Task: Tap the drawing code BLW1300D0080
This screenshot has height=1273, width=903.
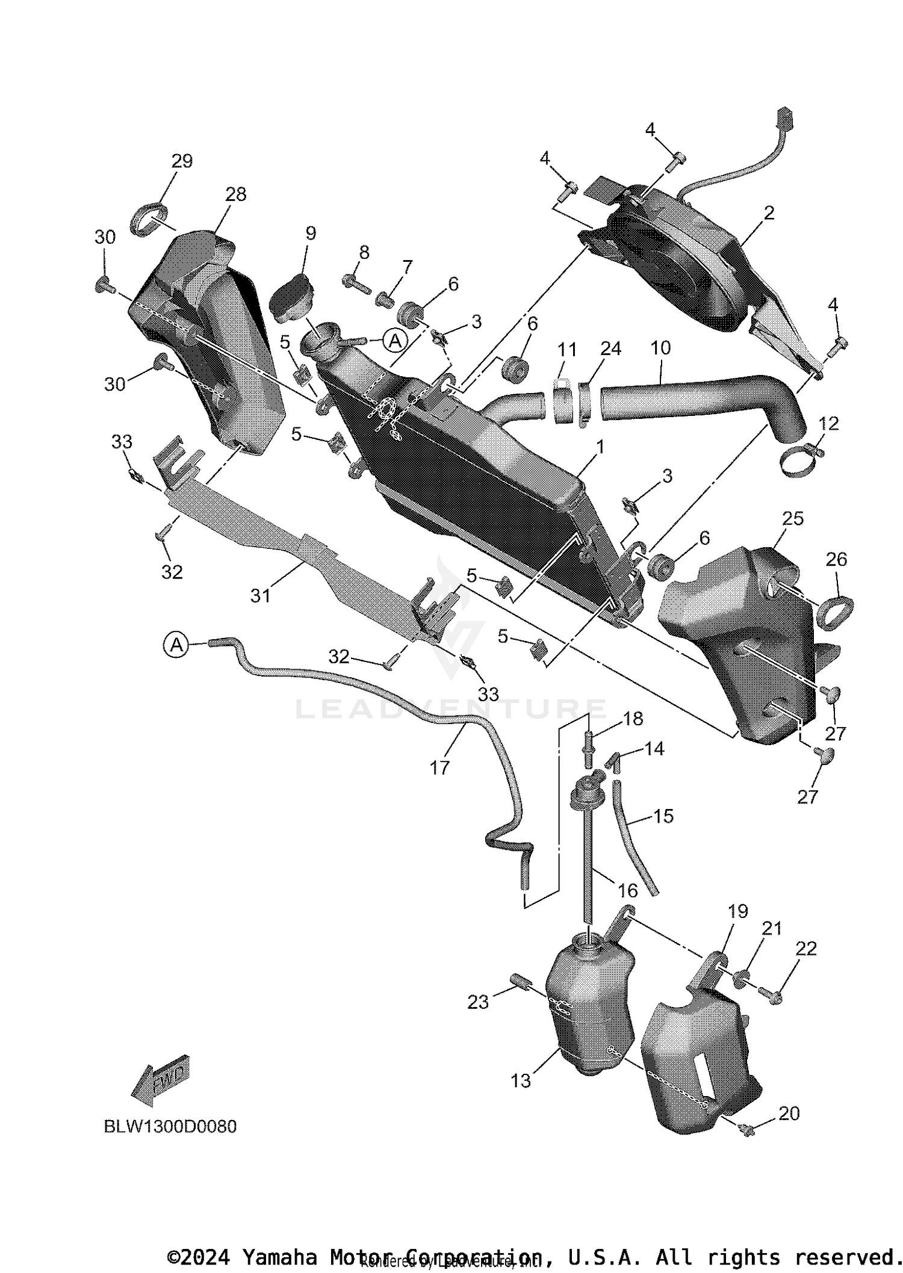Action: [x=170, y=1126]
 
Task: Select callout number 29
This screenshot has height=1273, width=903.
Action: [x=182, y=161]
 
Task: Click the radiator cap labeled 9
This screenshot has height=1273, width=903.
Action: [x=288, y=298]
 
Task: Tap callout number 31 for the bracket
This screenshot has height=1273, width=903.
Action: [x=260, y=595]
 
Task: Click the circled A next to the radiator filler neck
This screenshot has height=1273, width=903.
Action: [x=395, y=341]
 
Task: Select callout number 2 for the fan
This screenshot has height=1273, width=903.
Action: [x=769, y=213]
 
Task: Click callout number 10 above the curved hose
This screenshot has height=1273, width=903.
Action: [x=660, y=348]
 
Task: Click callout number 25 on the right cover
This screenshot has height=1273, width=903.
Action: [x=792, y=518]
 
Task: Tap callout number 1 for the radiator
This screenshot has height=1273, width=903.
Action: [x=600, y=447]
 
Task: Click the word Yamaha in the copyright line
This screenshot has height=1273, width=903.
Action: [x=279, y=1257]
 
